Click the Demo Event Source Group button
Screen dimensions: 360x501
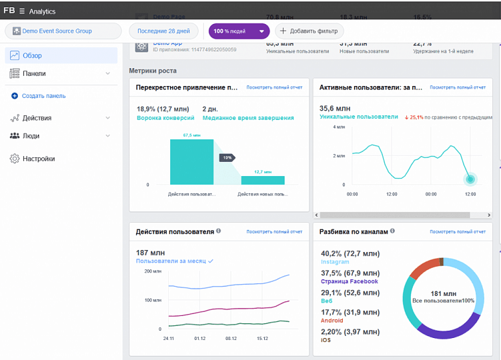click(63, 31)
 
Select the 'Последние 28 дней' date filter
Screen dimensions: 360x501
click(163, 31)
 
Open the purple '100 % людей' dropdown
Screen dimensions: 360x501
click(239, 31)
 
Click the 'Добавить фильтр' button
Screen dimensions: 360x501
click(309, 31)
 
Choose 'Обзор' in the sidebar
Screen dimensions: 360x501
click(32, 55)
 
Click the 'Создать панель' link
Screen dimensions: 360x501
click(43, 96)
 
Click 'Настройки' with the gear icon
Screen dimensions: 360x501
click(39, 159)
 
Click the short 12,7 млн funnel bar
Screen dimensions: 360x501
click(263, 180)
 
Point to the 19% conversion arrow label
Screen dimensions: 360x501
click(227, 157)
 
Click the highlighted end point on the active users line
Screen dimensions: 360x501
click(470, 179)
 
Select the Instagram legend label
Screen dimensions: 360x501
click(335, 263)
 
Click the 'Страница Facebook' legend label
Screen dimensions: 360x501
click(349, 281)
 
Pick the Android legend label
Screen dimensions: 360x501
click(332, 321)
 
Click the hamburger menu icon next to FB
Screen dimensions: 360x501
click(22, 11)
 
